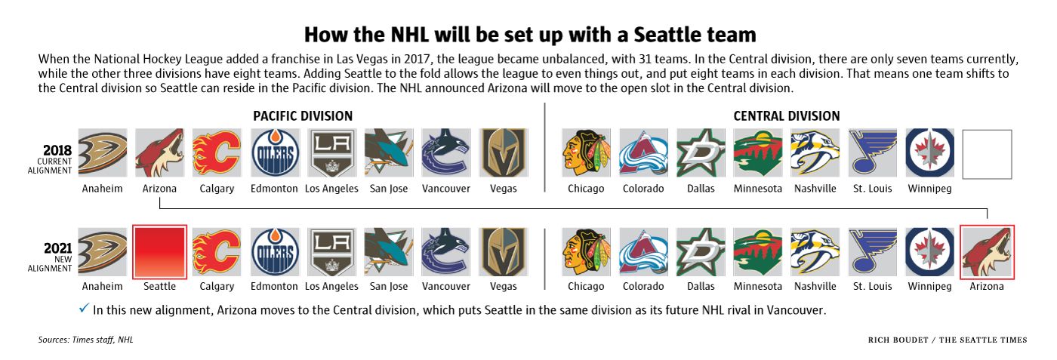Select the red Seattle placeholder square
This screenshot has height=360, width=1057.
click(x=160, y=252)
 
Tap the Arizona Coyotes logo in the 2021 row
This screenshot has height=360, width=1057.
click(x=988, y=252)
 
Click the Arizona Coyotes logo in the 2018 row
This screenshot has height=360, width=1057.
click(x=159, y=153)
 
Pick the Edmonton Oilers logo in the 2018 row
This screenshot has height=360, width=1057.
click(x=275, y=153)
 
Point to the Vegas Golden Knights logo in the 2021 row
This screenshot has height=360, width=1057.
click(x=504, y=252)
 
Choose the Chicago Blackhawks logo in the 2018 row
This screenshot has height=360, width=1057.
click(x=586, y=153)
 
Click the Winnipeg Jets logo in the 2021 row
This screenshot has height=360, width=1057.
click(x=930, y=252)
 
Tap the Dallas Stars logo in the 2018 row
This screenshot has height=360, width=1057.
click(x=701, y=153)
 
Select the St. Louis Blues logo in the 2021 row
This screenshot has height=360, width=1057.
click(x=873, y=252)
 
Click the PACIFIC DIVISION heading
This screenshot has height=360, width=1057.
click(x=303, y=116)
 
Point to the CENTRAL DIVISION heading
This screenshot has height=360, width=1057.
click(x=787, y=116)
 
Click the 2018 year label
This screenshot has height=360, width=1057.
click(x=57, y=150)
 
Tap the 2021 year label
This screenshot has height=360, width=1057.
click(x=57, y=248)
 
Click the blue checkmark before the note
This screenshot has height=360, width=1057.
click(x=84, y=308)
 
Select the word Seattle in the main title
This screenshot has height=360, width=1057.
click(x=661, y=35)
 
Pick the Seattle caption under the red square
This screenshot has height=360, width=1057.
click(x=159, y=286)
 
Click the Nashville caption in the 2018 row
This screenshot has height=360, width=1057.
click(x=815, y=189)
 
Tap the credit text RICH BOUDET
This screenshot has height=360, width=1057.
click(x=898, y=340)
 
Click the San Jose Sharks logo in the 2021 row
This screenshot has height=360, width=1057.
click(x=389, y=252)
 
